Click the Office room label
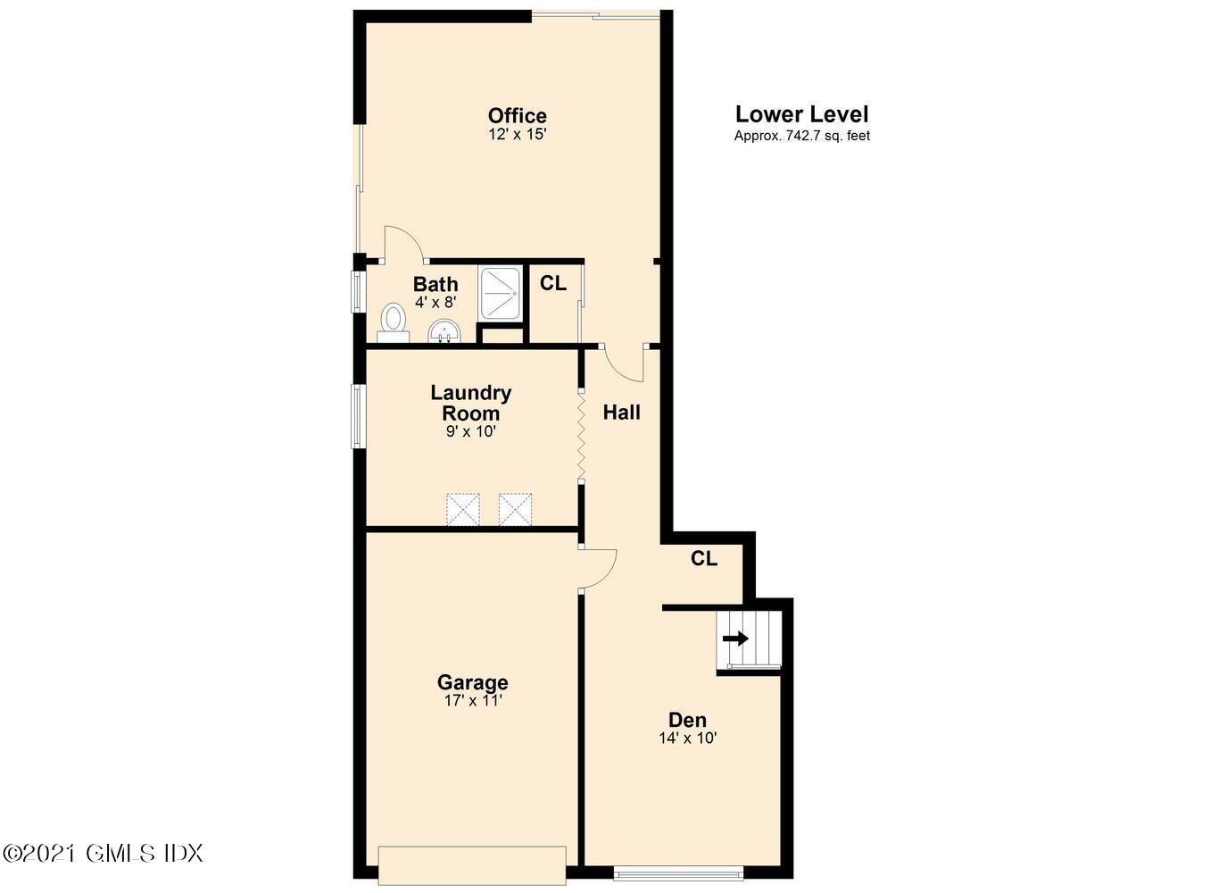[517, 116]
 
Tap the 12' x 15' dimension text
[518, 134]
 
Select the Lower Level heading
[801, 114]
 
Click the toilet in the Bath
[394, 323]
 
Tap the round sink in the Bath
[444, 331]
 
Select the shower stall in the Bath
[500, 293]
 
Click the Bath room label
[435, 284]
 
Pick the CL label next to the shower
[552, 283]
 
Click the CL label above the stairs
[704, 558]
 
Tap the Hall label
[622, 413]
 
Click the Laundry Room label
[471, 403]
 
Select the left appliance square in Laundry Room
[463, 509]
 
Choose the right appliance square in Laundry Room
[515, 509]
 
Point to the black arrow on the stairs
[735, 638]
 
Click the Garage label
[473, 682]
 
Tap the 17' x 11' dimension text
[473, 701]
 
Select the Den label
[687, 719]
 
